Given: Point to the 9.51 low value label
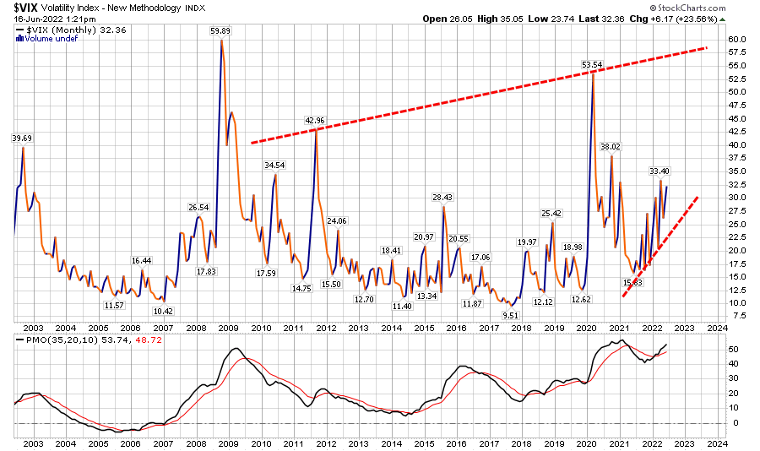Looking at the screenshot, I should tap(510, 314).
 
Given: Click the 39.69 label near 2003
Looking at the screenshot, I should tap(22, 138).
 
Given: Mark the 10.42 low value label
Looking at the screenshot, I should tap(163, 310).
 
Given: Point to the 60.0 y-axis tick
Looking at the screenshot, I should tap(739, 39).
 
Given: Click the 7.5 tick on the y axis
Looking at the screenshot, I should tap(739, 316).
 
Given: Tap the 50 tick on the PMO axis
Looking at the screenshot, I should tap(736, 348).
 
